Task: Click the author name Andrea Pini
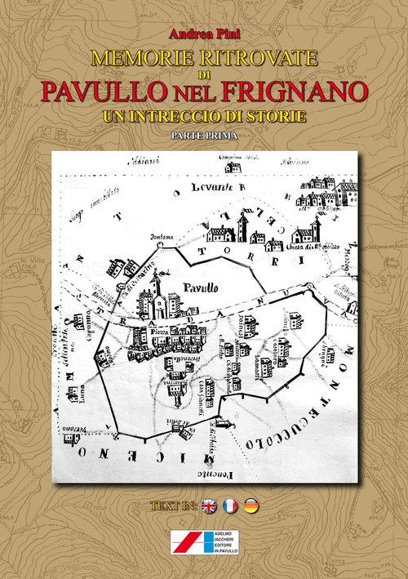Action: pyautogui.click(x=203, y=34)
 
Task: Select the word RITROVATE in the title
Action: pyautogui.click(x=250, y=59)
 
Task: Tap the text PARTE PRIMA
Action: pyautogui.click(x=204, y=136)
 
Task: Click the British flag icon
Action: pyautogui.click(x=209, y=506)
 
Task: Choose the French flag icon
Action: pyautogui.click(x=230, y=506)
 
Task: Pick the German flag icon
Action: pyautogui.click(x=251, y=506)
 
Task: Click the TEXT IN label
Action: pyautogui.click(x=173, y=506)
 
